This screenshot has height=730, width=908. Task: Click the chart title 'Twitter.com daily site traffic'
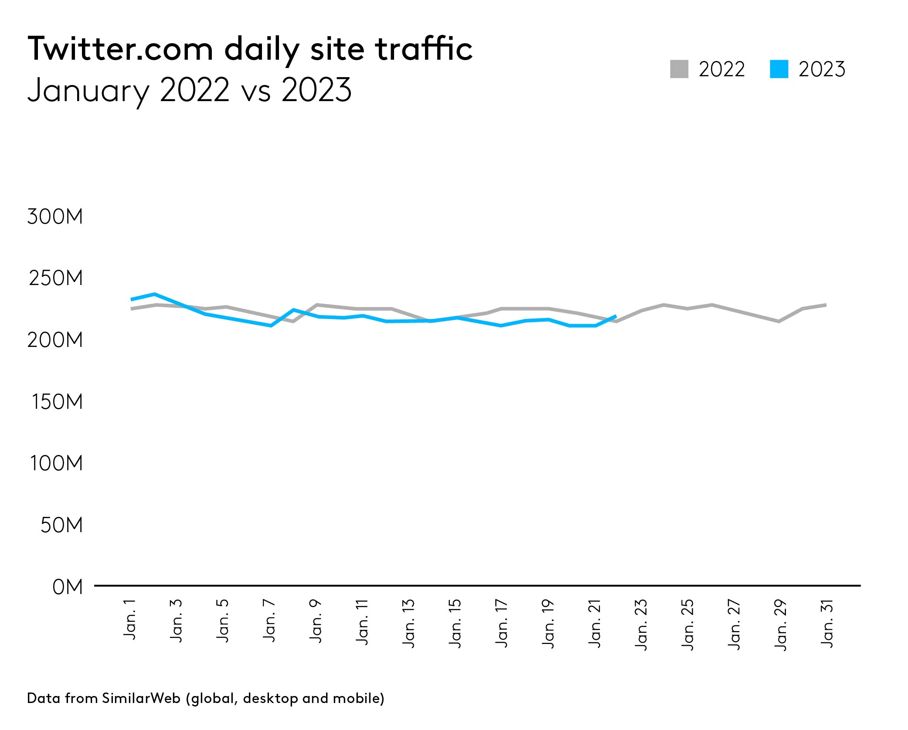click(250, 49)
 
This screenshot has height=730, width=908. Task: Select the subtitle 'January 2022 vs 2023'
click(189, 90)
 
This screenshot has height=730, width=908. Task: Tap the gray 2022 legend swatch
click(679, 69)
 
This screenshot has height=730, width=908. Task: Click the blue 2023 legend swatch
click(779, 69)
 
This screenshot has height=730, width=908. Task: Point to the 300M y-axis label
click(55, 217)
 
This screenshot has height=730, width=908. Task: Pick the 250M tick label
click(56, 278)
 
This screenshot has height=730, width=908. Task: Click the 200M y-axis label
click(55, 340)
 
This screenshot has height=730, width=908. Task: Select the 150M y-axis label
click(57, 401)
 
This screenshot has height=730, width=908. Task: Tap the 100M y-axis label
click(56, 463)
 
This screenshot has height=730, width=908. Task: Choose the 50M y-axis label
click(61, 525)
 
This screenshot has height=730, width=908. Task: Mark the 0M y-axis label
click(67, 587)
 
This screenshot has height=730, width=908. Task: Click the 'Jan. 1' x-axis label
click(130, 620)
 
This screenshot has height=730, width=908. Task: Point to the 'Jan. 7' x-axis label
click(269, 621)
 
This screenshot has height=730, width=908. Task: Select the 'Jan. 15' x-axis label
click(455, 623)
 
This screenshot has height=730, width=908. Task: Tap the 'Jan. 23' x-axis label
click(641, 625)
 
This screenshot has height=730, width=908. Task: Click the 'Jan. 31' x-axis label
click(827, 624)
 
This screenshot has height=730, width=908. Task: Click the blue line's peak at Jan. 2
click(155, 294)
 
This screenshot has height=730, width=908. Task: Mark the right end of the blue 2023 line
click(616, 316)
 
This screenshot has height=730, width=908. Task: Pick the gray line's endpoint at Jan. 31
click(826, 305)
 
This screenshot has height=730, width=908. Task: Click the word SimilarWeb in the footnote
click(141, 698)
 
